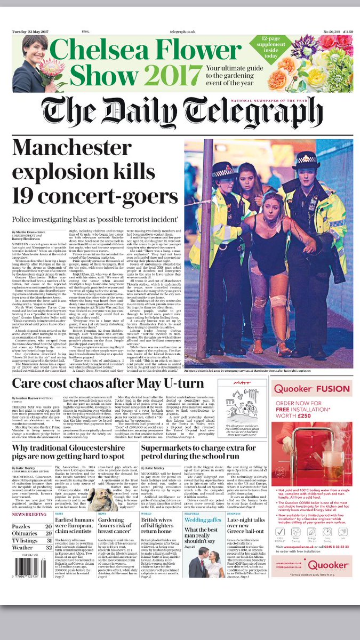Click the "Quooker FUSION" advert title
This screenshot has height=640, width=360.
click(318, 389)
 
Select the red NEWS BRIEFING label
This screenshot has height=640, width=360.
click(26, 515)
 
